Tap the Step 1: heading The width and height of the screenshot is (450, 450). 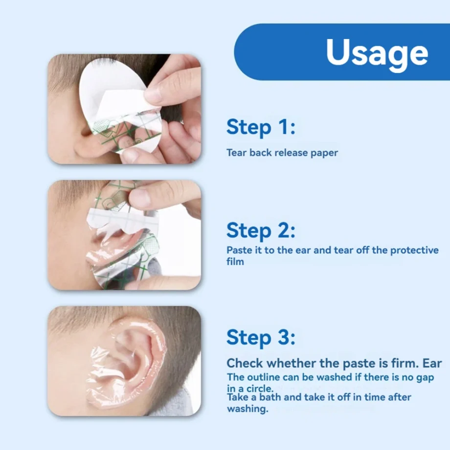pos(261,127)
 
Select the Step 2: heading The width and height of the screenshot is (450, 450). pos(261,230)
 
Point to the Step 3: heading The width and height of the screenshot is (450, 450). pos(261,337)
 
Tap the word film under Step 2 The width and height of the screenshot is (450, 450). pos(235,262)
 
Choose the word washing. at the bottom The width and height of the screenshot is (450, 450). pos(247,409)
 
